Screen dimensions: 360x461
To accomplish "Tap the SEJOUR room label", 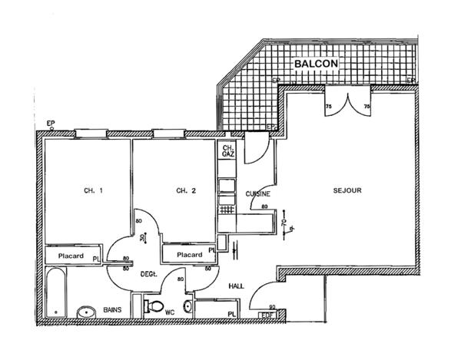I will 347,190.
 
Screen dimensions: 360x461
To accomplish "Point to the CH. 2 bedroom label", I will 181,190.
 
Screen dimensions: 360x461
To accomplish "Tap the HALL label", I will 237,286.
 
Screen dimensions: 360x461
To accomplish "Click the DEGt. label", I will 148,274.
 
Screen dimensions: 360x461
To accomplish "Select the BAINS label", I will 113,305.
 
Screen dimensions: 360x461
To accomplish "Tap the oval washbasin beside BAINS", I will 87,312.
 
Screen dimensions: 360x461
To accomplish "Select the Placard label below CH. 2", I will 190,255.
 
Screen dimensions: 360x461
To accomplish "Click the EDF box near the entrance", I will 267,313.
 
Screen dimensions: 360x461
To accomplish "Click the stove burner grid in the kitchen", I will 227,209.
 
